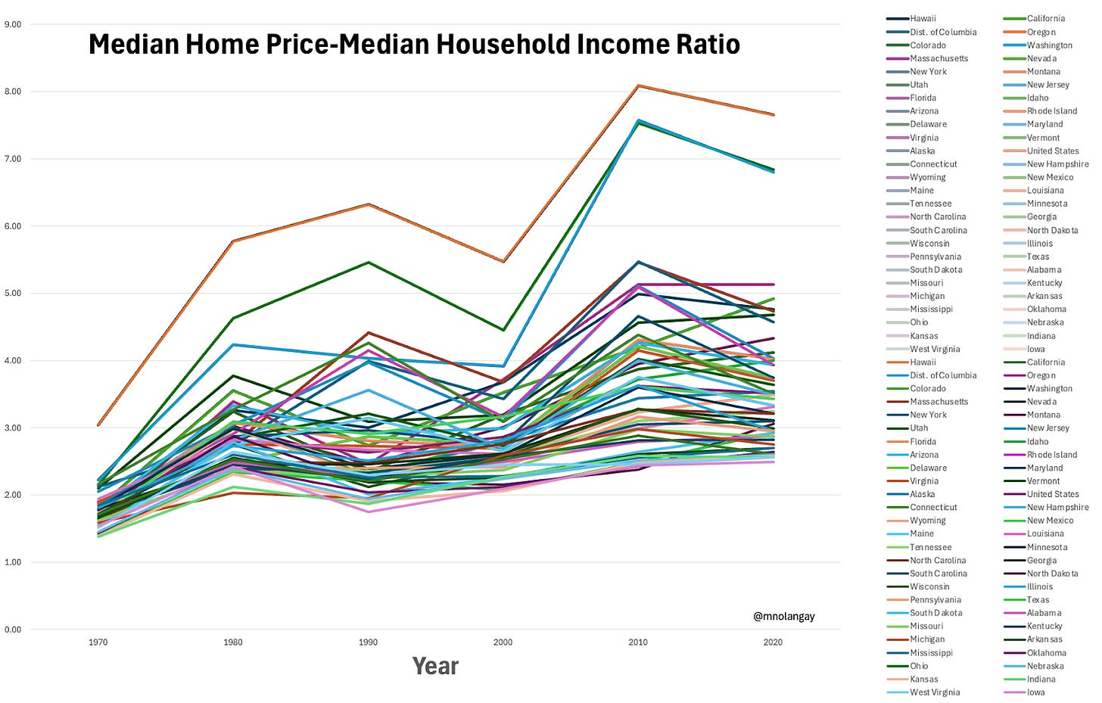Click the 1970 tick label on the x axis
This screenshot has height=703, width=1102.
pyautogui.click(x=98, y=642)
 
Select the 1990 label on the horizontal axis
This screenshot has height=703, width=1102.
pyautogui.click(x=368, y=642)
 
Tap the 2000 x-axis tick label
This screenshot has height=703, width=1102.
pyautogui.click(x=503, y=642)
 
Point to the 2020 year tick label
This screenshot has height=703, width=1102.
pyautogui.click(x=773, y=642)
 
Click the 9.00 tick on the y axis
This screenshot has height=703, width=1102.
pyautogui.click(x=13, y=24)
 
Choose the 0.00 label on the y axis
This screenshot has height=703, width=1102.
pyautogui.click(x=13, y=630)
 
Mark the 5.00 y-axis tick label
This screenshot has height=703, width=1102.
pyautogui.click(x=13, y=293)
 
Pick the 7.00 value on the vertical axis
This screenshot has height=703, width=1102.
pyautogui.click(x=13, y=159)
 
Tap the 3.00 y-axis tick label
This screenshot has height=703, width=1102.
pyautogui.click(x=13, y=428)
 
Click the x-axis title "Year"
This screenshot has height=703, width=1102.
pyautogui.click(x=435, y=666)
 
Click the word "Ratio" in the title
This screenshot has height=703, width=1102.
pyautogui.click(x=703, y=45)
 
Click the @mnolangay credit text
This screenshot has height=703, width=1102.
pyautogui.click(x=783, y=616)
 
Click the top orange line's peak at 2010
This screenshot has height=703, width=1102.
pyautogui.click(x=638, y=86)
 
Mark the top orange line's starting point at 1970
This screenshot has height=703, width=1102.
pyautogui.click(x=98, y=425)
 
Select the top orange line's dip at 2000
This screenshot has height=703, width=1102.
pyautogui.click(x=503, y=261)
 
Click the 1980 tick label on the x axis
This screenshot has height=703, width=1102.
pyautogui.click(x=233, y=642)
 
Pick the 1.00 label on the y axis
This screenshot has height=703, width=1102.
pyautogui.click(x=13, y=562)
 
